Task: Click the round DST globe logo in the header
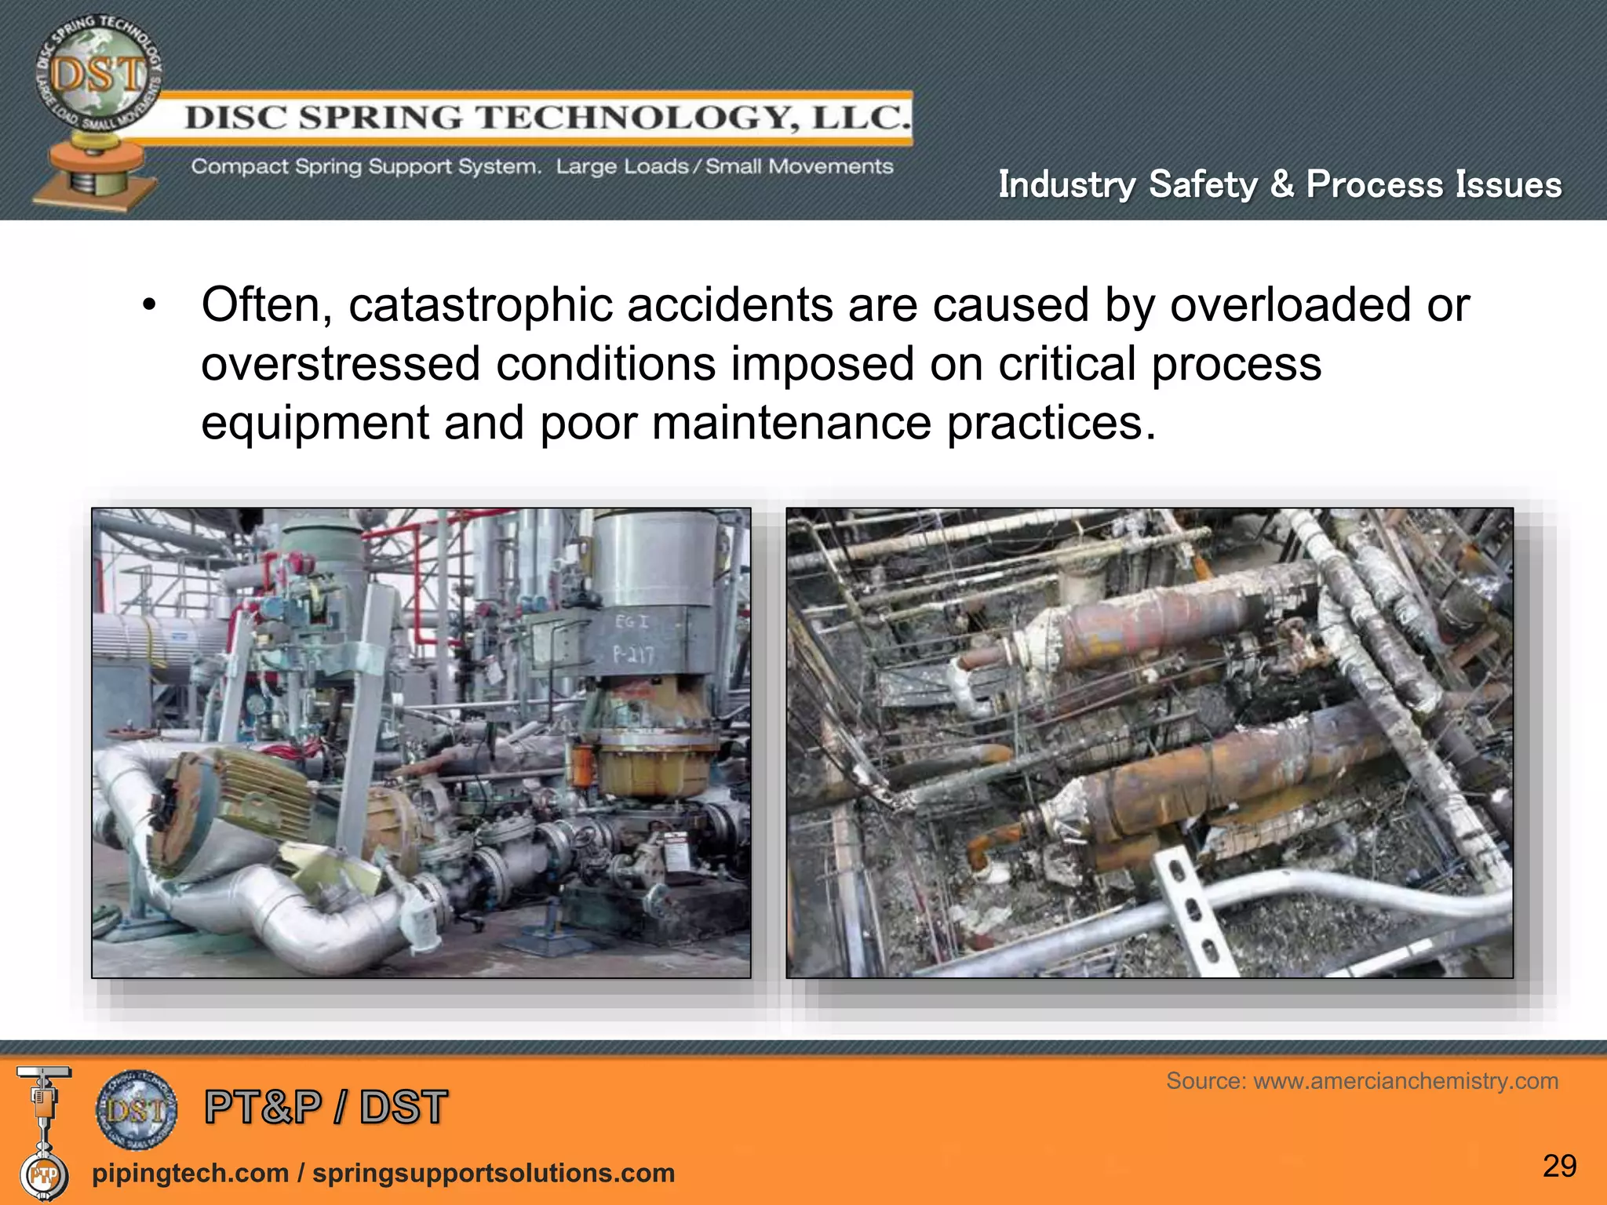pyautogui.click(x=97, y=75)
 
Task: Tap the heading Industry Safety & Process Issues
pyautogui.click(x=1280, y=185)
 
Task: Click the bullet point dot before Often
pyautogui.click(x=149, y=306)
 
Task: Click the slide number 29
pyautogui.click(x=1559, y=1166)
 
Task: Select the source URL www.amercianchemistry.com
pyautogui.click(x=1405, y=1081)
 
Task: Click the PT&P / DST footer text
pyautogui.click(x=326, y=1108)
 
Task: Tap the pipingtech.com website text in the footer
pyautogui.click(x=190, y=1173)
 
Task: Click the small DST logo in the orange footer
pyautogui.click(x=137, y=1109)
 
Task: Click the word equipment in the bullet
pyautogui.click(x=315, y=423)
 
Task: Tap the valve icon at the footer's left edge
pyautogui.click(x=44, y=1130)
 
